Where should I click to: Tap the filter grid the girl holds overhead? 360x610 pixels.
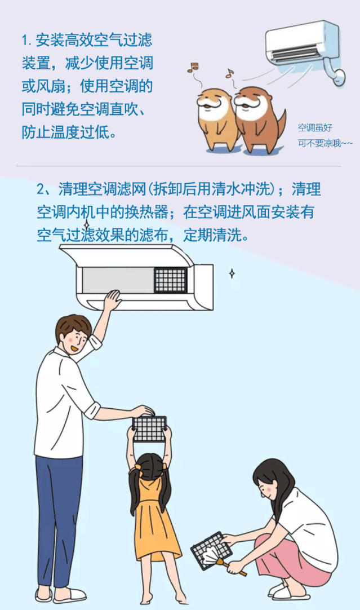click(x=149, y=428)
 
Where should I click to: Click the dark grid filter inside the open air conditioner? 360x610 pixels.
click(x=170, y=280)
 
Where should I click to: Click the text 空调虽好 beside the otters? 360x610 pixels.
click(x=315, y=127)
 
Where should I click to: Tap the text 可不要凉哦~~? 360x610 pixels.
click(x=325, y=143)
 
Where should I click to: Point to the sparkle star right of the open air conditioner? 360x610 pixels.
click(x=232, y=273)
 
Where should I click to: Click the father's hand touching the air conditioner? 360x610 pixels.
click(x=112, y=300)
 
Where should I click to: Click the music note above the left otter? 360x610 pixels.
click(x=193, y=67)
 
